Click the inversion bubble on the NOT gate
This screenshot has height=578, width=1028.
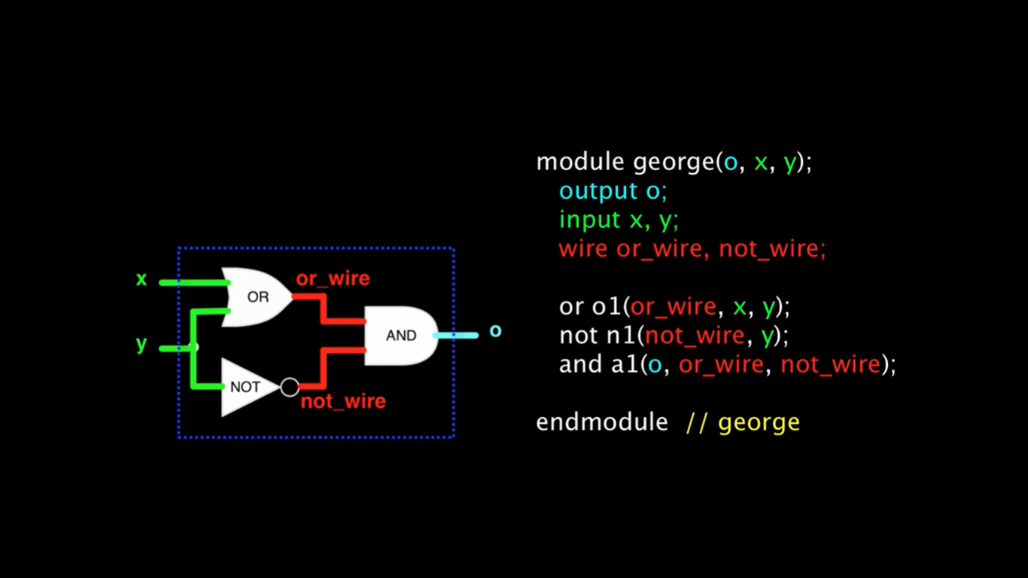pyautogui.click(x=290, y=387)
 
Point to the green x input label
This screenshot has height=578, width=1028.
pyautogui.click(x=141, y=279)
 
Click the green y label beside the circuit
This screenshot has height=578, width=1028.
pyautogui.click(x=141, y=343)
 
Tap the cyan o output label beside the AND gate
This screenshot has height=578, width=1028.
pyautogui.click(x=495, y=330)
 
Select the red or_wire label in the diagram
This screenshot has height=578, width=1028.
pyautogui.click(x=333, y=278)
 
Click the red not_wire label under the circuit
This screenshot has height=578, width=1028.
pyautogui.click(x=343, y=401)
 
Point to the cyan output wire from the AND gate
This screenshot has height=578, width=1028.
pyautogui.click(x=456, y=336)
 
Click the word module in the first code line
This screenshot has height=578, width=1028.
pyautogui.click(x=580, y=162)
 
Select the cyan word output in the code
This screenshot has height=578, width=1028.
pyautogui.click(x=598, y=191)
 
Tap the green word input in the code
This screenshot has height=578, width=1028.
pyautogui.click(x=590, y=221)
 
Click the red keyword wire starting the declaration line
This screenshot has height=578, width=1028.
pyautogui.click(x=583, y=249)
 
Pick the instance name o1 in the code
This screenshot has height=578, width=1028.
pyautogui.click(x=607, y=306)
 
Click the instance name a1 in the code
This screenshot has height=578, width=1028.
pyautogui.click(x=625, y=364)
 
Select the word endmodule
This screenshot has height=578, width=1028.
pyautogui.click(x=601, y=422)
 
